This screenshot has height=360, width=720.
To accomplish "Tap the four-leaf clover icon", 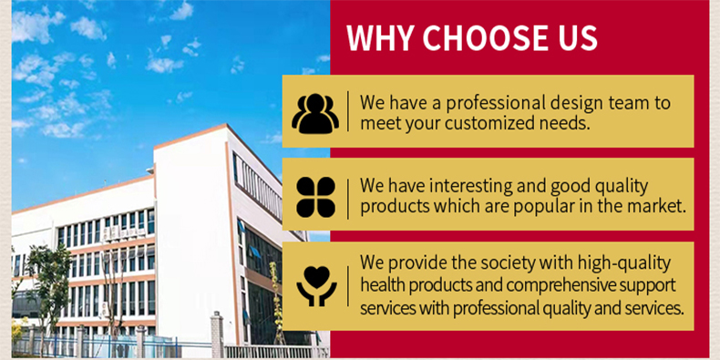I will [x=314, y=196].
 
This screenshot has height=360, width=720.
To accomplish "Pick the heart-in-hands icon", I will [x=314, y=284].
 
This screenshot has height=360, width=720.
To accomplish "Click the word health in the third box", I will [x=383, y=286].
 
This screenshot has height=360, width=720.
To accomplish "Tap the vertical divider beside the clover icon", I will [x=347, y=196].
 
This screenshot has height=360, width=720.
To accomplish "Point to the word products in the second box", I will [x=394, y=205].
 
